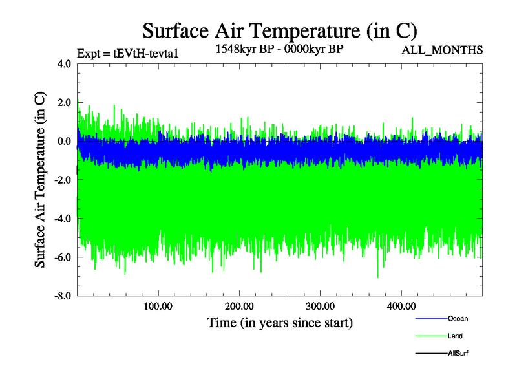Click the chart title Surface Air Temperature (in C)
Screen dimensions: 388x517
pyautogui.click(x=279, y=30)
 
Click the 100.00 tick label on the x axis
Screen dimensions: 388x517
pyautogui.click(x=158, y=306)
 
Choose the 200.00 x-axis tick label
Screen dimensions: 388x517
pyautogui.click(x=239, y=306)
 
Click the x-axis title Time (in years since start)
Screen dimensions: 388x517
pyautogui.click(x=280, y=322)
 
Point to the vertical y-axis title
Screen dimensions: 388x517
pyautogui.click(x=40, y=180)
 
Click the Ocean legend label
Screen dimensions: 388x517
pyautogui.click(x=458, y=319)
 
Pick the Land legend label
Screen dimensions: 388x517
pyautogui.click(x=455, y=336)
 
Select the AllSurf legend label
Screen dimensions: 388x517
pyautogui.click(x=458, y=354)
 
